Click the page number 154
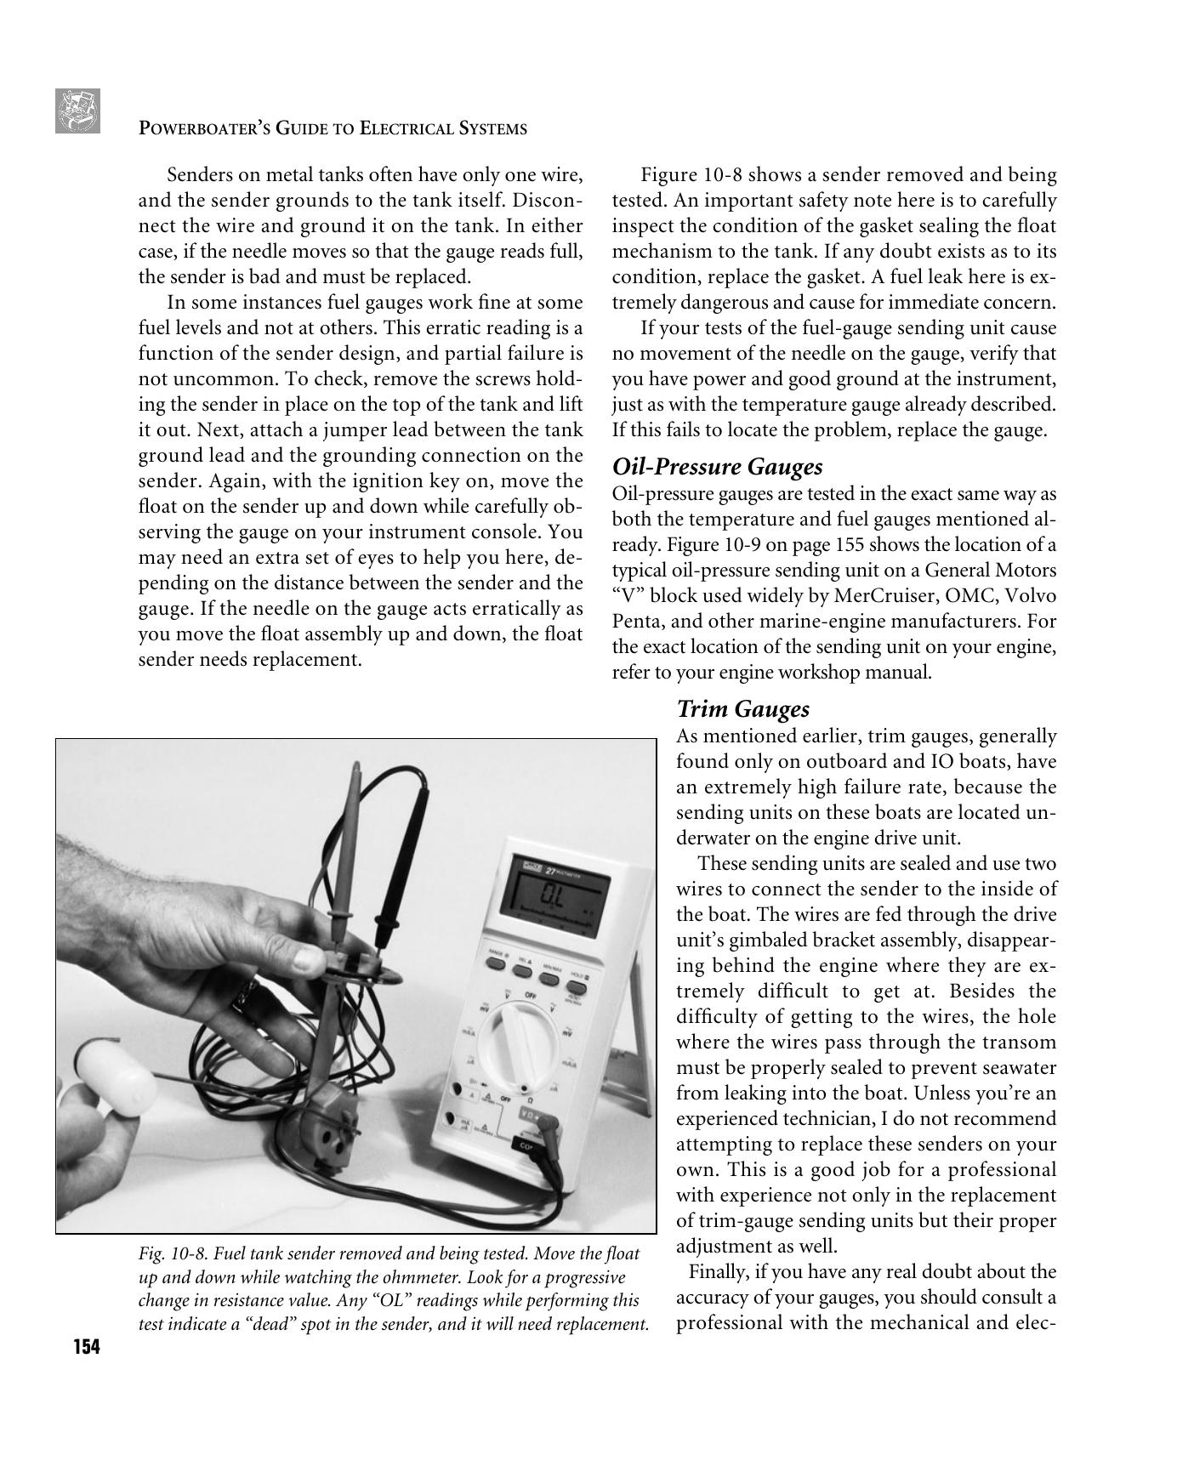[x=86, y=1347]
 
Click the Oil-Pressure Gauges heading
[x=717, y=467]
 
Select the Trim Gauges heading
[x=742, y=709]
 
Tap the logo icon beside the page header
[x=77, y=111]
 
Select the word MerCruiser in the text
[x=878, y=595]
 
